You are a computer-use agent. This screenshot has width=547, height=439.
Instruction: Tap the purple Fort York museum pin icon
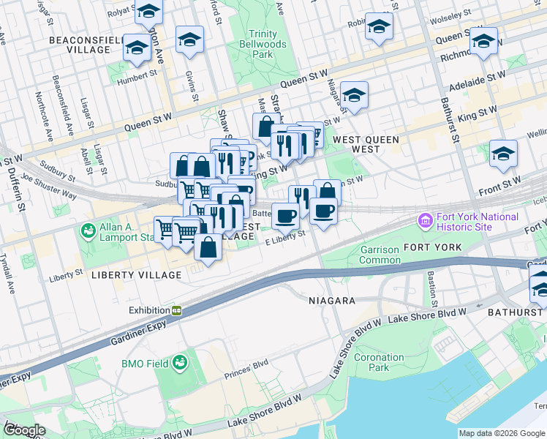(424, 220)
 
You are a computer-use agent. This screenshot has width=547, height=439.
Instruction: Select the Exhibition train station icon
(176, 310)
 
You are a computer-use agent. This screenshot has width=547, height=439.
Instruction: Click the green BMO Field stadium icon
(179, 362)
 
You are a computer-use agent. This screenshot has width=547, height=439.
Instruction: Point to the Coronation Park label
(378, 362)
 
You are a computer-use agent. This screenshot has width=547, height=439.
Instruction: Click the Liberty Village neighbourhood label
(136, 274)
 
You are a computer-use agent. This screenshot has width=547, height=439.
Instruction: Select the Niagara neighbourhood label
(331, 301)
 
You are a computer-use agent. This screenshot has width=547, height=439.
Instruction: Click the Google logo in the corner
(24, 430)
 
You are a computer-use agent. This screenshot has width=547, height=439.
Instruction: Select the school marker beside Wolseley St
(379, 27)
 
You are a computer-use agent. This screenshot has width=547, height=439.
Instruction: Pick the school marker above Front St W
(503, 154)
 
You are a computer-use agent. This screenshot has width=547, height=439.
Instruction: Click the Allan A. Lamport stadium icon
(88, 231)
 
